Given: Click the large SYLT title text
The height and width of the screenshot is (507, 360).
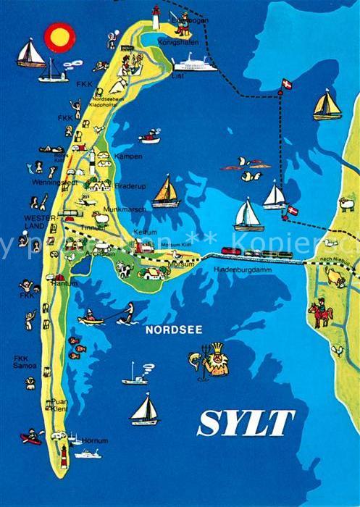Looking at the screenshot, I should (x=246, y=423).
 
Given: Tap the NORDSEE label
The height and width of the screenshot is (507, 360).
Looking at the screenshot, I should (x=174, y=330).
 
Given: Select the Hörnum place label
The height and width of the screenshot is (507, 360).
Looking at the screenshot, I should (x=95, y=440).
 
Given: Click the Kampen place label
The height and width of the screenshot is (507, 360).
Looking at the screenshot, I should (x=127, y=156).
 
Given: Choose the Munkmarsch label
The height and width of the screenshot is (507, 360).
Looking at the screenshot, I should (x=130, y=209).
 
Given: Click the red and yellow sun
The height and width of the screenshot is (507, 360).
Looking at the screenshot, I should (x=59, y=36).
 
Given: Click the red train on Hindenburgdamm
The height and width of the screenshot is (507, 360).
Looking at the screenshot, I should (x=231, y=251).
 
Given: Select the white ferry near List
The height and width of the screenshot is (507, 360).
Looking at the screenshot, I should (x=195, y=63).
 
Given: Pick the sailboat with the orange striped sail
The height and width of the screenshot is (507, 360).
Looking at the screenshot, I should (x=166, y=192).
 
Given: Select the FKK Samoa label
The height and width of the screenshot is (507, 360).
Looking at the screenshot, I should (x=25, y=362).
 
